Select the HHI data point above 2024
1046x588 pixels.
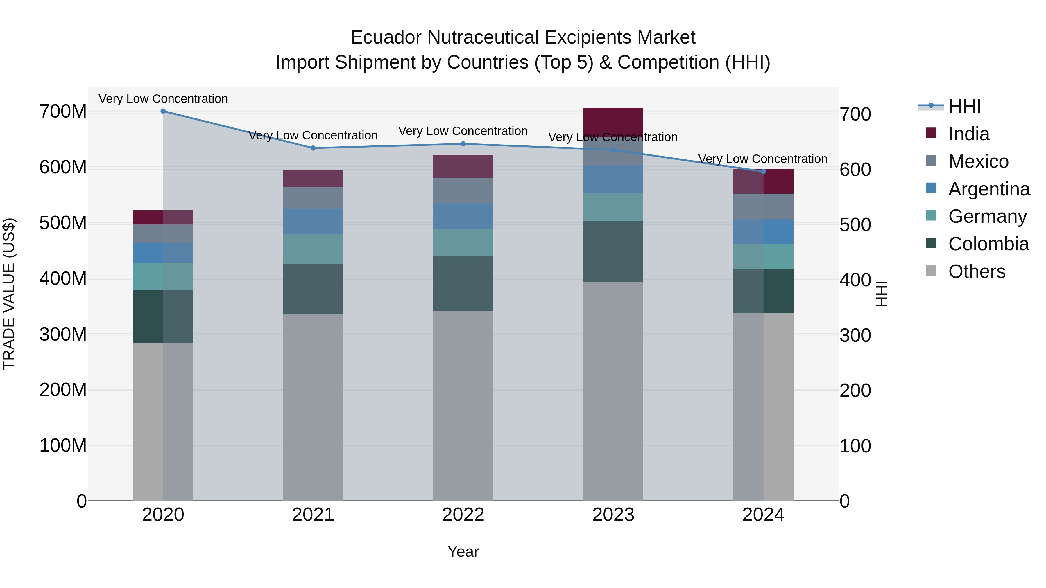point(763,171)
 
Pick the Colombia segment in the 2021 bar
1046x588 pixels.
point(313,289)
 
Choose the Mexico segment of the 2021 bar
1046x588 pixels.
point(313,198)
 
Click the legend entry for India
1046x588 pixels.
point(969,134)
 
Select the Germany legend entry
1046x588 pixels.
point(988,216)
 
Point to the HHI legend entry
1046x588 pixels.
point(964,106)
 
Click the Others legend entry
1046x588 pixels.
point(977,271)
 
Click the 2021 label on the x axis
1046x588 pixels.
point(313,515)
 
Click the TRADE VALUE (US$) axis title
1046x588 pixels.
point(9,294)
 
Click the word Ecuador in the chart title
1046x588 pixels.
point(386,37)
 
